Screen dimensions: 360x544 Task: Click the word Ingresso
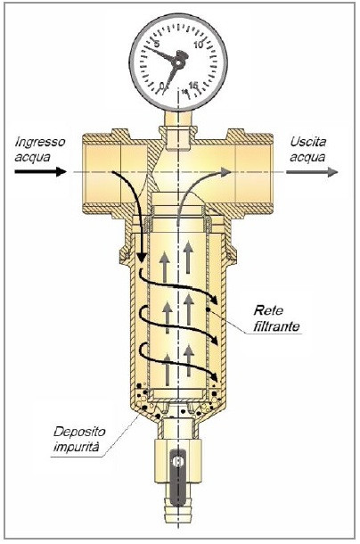click(40, 142)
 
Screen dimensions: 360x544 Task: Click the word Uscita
click(308, 142)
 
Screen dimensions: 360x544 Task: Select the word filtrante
click(276, 326)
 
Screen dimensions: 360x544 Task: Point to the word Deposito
click(79, 433)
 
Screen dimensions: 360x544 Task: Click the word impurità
click(76, 447)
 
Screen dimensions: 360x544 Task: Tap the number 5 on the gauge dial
click(157, 45)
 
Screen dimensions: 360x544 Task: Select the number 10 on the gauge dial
click(199, 45)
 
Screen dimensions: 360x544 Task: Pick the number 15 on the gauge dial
click(193, 85)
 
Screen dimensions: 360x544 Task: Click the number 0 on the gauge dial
click(162, 86)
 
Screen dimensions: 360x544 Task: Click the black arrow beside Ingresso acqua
click(40, 171)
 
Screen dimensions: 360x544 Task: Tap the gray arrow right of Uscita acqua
click(312, 172)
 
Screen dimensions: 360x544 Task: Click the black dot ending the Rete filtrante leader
click(208, 309)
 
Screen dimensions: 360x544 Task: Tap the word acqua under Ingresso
click(32, 158)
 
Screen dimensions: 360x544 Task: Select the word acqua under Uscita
click(307, 158)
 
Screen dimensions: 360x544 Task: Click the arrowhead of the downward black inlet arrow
click(141, 258)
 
